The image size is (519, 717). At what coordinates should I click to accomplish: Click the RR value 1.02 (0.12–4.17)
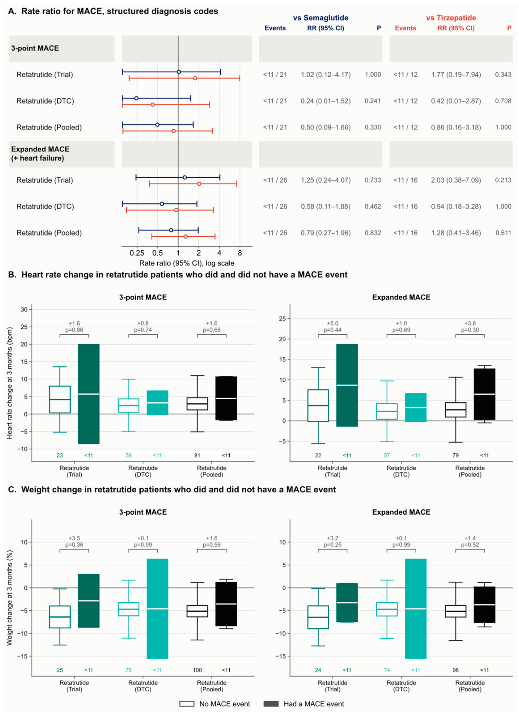(x=325, y=75)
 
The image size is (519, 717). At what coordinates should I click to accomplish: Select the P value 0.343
(x=503, y=75)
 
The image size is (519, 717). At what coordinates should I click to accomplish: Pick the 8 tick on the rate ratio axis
(x=240, y=253)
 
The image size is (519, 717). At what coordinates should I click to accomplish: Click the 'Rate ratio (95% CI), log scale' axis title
(x=187, y=263)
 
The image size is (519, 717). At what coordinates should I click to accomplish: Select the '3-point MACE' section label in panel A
(x=35, y=48)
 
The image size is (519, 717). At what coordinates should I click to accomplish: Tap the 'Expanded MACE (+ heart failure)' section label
(x=40, y=154)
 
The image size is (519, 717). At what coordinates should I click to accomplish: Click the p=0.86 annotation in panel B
(x=74, y=330)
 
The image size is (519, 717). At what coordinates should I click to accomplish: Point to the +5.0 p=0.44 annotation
(x=332, y=327)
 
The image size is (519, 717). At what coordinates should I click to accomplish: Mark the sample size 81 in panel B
(x=197, y=455)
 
